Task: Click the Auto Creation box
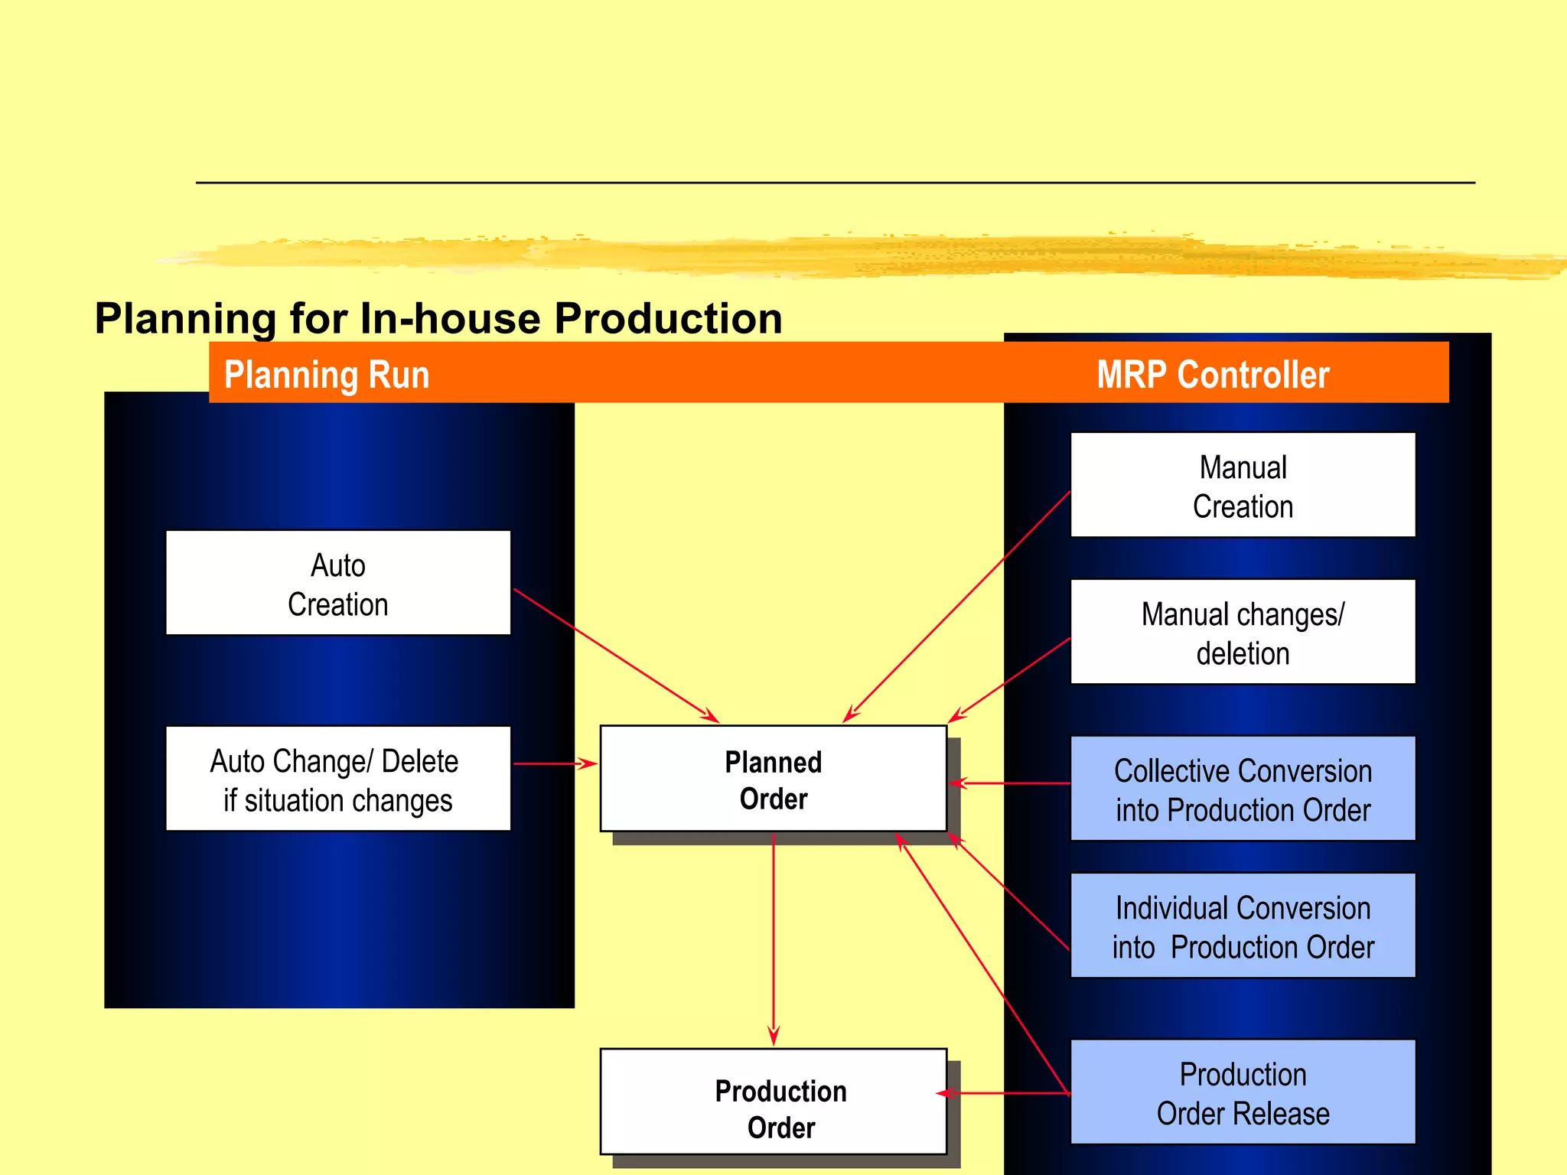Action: [337, 583]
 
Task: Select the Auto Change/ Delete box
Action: [337, 779]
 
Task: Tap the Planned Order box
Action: [773, 779]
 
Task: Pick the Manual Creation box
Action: [1243, 485]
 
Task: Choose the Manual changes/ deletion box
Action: [1243, 632]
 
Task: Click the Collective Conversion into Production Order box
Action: [1243, 789]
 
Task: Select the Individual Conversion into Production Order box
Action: [1243, 926]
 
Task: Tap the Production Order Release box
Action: [1243, 1092]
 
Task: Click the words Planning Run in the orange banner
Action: [327, 375]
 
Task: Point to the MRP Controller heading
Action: [1213, 375]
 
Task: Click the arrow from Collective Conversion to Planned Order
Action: [1010, 783]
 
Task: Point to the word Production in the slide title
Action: [668, 318]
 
